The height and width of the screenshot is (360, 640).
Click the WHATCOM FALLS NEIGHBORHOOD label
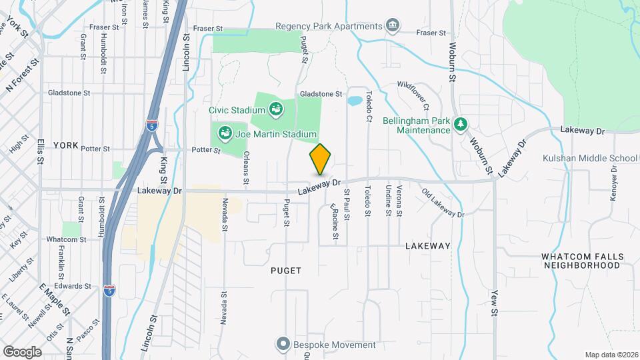click(x=582, y=261)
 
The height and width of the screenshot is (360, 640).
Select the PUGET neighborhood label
click(x=287, y=271)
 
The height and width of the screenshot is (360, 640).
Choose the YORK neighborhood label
click(x=66, y=145)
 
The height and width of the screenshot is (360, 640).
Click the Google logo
click(x=22, y=351)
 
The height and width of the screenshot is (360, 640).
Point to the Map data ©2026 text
click(x=611, y=355)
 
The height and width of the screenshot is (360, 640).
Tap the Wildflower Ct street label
click(x=413, y=96)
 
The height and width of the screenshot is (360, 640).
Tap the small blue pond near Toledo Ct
click(x=355, y=101)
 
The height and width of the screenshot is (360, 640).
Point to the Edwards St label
click(x=73, y=286)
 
